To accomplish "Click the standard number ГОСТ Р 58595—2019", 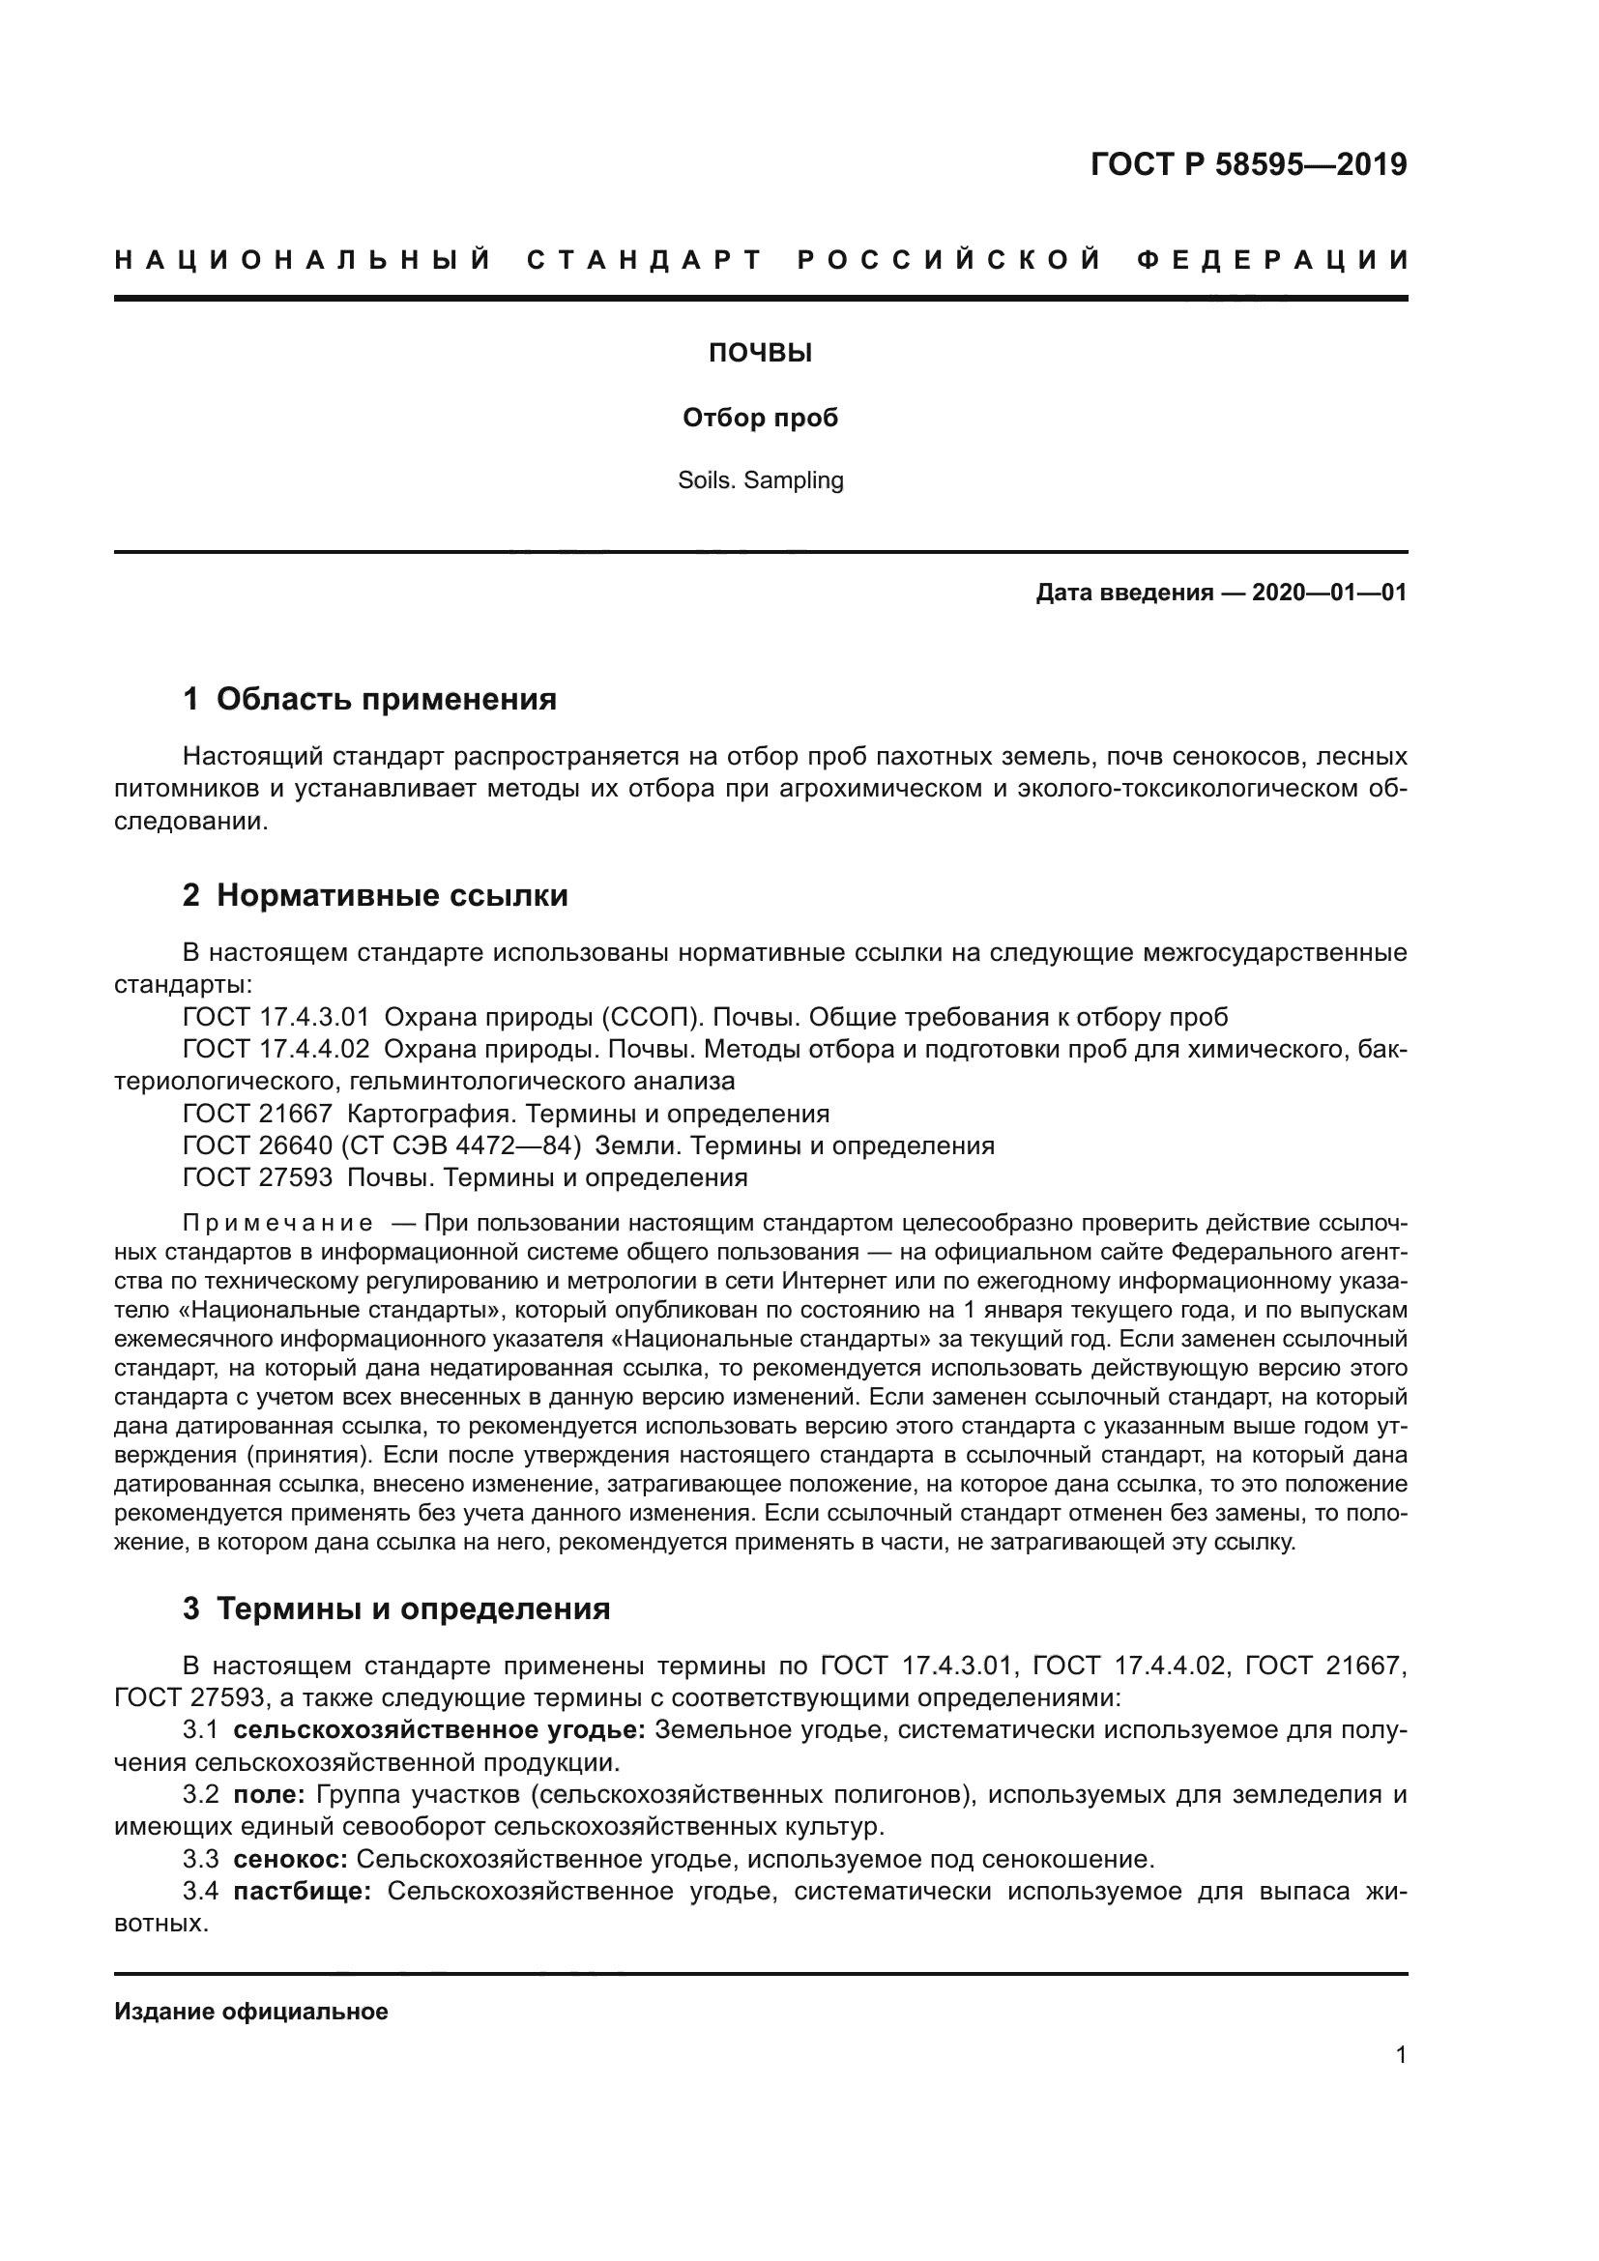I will pyautogui.click(x=1248, y=164).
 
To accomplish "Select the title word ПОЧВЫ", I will pyautogui.click(x=760, y=354).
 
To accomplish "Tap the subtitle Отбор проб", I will pyautogui.click(x=760, y=419).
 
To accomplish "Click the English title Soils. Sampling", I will pyautogui.click(x=760, y=480).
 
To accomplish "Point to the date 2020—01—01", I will pyautogui.click(x=1329, y=593).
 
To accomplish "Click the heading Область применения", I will pyautogui.click(x=386, y=699).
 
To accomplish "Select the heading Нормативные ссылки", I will pyautogui.click(x=392, y=895).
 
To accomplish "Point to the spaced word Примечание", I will pyautogui.click(x=277, y=1224).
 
